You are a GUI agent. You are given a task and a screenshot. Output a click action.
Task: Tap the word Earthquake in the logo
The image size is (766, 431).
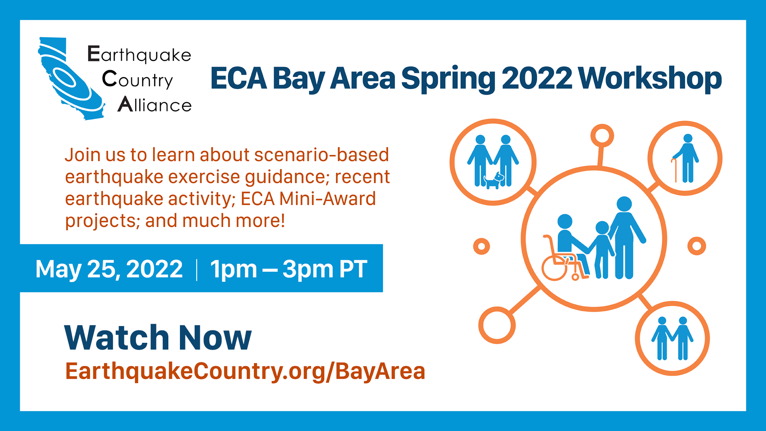(139, 55)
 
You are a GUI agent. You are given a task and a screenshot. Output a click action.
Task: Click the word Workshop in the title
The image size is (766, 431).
(650, 79)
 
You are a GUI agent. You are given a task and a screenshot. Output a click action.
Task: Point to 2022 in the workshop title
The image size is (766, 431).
(537, 78)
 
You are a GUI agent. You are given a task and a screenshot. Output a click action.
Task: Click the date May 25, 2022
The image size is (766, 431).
(109, 269)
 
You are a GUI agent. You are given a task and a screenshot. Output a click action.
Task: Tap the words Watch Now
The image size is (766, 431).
(158, 338)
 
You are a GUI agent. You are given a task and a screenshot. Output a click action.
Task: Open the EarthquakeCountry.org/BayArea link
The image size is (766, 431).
(245, 372)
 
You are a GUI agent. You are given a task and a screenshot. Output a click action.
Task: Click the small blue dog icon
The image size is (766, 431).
(494, 180)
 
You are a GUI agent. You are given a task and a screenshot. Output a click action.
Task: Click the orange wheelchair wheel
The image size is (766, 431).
(555, 268)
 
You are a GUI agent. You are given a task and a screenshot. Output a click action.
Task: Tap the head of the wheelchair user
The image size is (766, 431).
(565, 222)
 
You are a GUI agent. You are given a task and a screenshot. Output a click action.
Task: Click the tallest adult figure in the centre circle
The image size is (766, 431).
(626, 238)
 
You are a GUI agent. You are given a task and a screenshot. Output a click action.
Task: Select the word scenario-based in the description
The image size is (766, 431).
(322, 155)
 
